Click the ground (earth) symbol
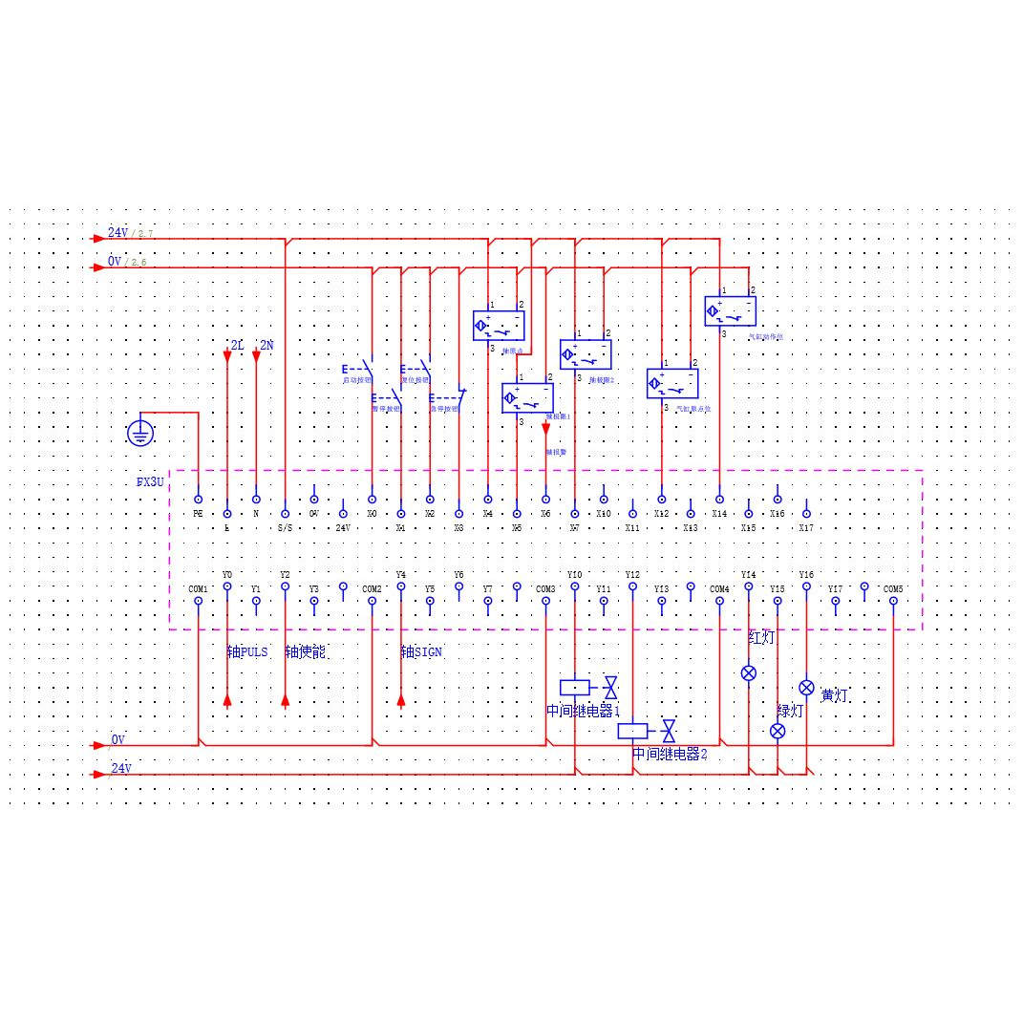tap(140, 433)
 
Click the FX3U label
tap(151, 483)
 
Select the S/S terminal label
tap(285, 527)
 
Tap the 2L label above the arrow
tap(237, 345)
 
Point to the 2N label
tap(266, 345)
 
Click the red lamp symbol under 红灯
tap(749, 673)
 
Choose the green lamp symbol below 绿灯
tap(778, 731)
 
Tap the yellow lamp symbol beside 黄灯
tap(806, 688)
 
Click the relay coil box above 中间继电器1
tap(575, 687)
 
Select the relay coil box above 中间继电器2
tap(632, 731)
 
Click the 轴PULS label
tap(247, 652)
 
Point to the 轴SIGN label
tap(421, 652)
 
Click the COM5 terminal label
tap(893, 588)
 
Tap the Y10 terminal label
tap(574, 575)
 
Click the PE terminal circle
tap(198, 500)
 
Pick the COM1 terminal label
tap(198, 588)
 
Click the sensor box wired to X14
tap(730, 311)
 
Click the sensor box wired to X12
tap(672, 384)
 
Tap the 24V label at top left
tap(117, 232)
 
